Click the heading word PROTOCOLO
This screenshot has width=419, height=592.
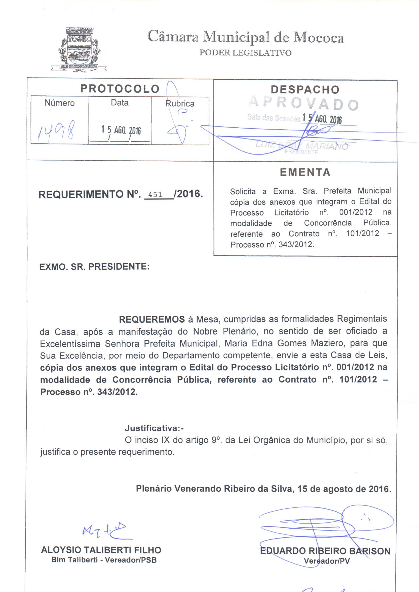120,89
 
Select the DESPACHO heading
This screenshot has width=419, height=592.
305,90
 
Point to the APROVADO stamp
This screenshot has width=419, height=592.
304,104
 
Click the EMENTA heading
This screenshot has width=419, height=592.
305,172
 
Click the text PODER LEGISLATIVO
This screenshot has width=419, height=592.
245,53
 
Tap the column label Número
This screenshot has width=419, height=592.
60,103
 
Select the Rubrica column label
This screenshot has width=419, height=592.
180,104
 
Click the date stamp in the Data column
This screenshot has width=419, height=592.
121,130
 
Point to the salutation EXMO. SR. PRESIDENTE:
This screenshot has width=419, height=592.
94,267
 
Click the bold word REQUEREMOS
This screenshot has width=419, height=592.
152,319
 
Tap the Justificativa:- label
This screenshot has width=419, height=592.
154,428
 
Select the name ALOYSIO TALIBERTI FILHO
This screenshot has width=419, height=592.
101,550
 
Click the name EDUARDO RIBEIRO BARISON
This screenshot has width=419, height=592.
325,551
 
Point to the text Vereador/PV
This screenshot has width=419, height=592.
326,561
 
